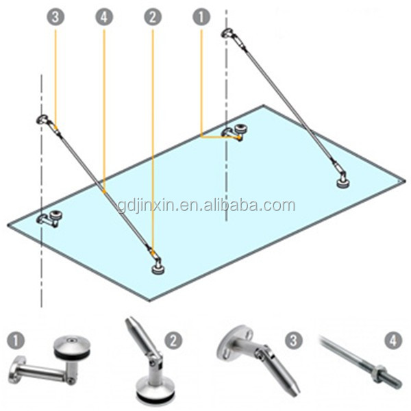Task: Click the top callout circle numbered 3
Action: [55, 17]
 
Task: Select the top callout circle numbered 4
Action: [104, 17]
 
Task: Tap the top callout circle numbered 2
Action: [153, 17]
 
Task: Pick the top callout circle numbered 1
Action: [201, 17]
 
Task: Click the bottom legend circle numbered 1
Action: [16, 340]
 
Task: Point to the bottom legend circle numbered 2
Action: [173, 340]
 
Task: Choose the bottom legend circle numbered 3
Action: [294, 340]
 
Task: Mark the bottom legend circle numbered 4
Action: [393, 340]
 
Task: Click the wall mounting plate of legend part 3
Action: [234, 343]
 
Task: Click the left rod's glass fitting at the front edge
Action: [158, 267]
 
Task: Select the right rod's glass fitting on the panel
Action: [343, 182]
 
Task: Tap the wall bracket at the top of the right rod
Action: [227, 33]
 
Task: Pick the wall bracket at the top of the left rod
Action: [42, 119]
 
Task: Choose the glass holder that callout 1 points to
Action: [234, 133]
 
